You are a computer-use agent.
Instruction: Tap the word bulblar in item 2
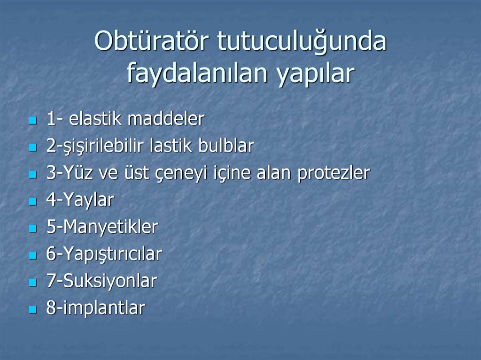pos(226,146)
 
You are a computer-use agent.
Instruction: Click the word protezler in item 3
pos(334,174)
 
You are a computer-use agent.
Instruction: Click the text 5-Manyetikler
pos(102,228)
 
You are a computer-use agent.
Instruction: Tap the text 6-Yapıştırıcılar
pos(104,255)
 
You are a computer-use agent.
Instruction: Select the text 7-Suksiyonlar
pos(101,282)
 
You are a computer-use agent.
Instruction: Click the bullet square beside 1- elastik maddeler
pos(32,121)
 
